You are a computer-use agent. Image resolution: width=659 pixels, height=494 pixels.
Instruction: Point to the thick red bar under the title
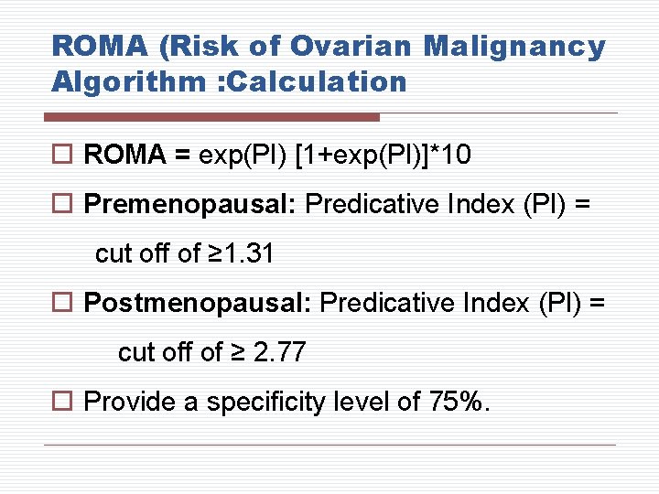(211, 117)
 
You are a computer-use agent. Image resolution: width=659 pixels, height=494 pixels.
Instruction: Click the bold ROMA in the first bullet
(124, 156)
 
